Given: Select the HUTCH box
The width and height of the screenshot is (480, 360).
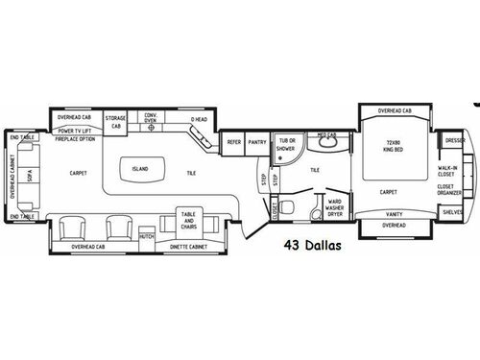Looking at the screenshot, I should [x=146, y=235].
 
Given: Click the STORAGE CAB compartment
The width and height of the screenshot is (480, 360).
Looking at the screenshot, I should [x=115, y=121].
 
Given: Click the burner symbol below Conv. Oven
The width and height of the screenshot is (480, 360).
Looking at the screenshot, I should [x=151, y=127].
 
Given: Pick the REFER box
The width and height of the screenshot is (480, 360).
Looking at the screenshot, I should [x=232, y=142].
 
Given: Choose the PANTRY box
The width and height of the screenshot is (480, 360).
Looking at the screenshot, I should [x=256, y=142].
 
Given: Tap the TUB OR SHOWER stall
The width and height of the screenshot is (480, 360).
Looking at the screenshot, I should [x=286, y=145].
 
